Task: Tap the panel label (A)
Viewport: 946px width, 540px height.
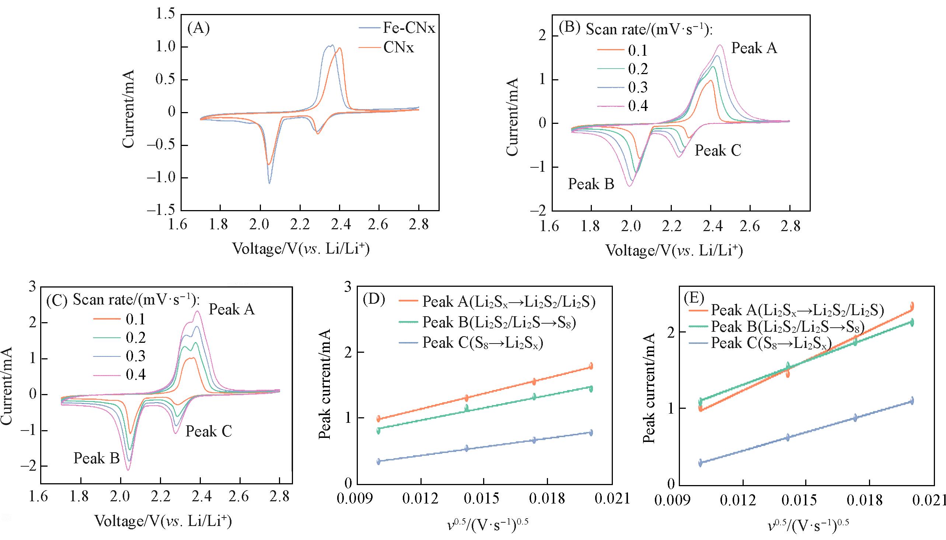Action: [x=199, y=28]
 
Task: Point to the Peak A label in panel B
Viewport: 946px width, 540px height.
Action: [x=754, y=48]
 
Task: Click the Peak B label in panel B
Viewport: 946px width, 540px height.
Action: [x=591, y=184]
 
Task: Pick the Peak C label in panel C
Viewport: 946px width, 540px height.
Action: [x=209, y=431]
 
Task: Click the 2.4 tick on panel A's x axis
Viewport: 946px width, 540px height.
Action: [x=339, y=225]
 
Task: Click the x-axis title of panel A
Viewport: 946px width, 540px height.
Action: [x=301, y=249]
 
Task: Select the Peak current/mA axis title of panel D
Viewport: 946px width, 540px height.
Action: [x=325, y=384]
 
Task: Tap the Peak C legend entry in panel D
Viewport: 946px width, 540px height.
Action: [x=482, y=343]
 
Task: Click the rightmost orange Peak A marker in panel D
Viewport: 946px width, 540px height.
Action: [x=591, y=366]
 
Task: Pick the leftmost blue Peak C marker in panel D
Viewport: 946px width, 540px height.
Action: [x=378, y=461]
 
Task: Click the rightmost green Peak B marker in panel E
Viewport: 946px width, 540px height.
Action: [x=912, y=323]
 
